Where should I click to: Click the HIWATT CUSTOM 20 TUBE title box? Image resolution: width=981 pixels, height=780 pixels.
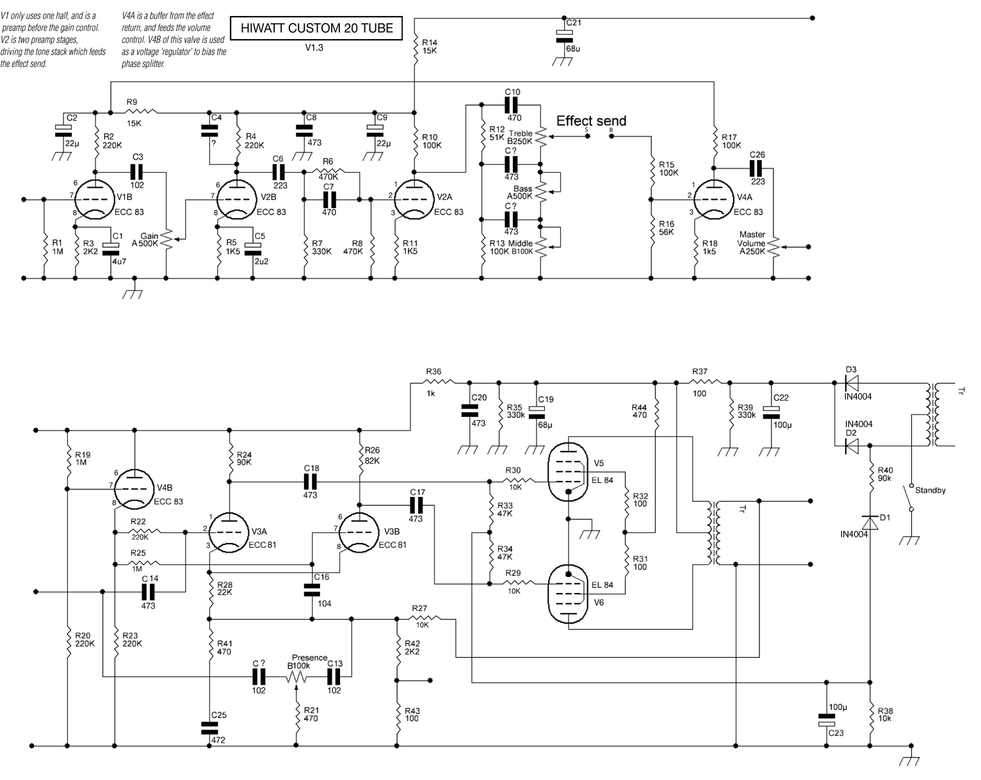(x=316, y=28)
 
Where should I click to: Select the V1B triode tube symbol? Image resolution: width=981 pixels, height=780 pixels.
(x=94, y=199)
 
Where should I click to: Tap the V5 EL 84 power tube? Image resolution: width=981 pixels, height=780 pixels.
(x=568, y=471)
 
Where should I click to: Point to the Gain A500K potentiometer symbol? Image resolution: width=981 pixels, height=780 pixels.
(x=168, y=239)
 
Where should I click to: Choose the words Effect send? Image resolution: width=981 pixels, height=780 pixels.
(x=591, y=121)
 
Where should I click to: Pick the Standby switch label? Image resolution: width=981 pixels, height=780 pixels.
(x=930, y=490)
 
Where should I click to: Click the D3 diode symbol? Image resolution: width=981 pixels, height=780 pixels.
(x=851, y=382)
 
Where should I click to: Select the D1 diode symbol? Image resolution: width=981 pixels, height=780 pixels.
(x=870, y=523)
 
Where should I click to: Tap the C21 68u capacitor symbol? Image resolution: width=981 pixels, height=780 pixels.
(x=564, y=36)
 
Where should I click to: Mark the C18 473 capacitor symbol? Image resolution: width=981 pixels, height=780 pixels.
(x=310, y=482)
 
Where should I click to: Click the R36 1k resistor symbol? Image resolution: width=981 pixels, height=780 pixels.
(x=439, y=382)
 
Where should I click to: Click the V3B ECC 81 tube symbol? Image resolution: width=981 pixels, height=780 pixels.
(x=359, y=532)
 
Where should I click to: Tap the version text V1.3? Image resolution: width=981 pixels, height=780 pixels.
(x=314, y=47)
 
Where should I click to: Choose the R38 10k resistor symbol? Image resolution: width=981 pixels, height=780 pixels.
(x=870, y=715)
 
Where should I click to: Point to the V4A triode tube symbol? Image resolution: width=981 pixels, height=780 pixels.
(x=714, y=199)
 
